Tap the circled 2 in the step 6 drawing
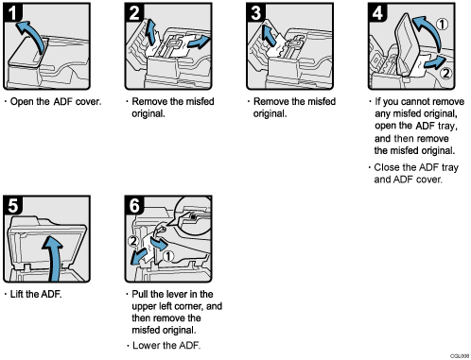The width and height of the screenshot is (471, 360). point(133,240)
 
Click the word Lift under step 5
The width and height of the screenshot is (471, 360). point(20,295)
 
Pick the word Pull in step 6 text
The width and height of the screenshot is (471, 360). point(141,295)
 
